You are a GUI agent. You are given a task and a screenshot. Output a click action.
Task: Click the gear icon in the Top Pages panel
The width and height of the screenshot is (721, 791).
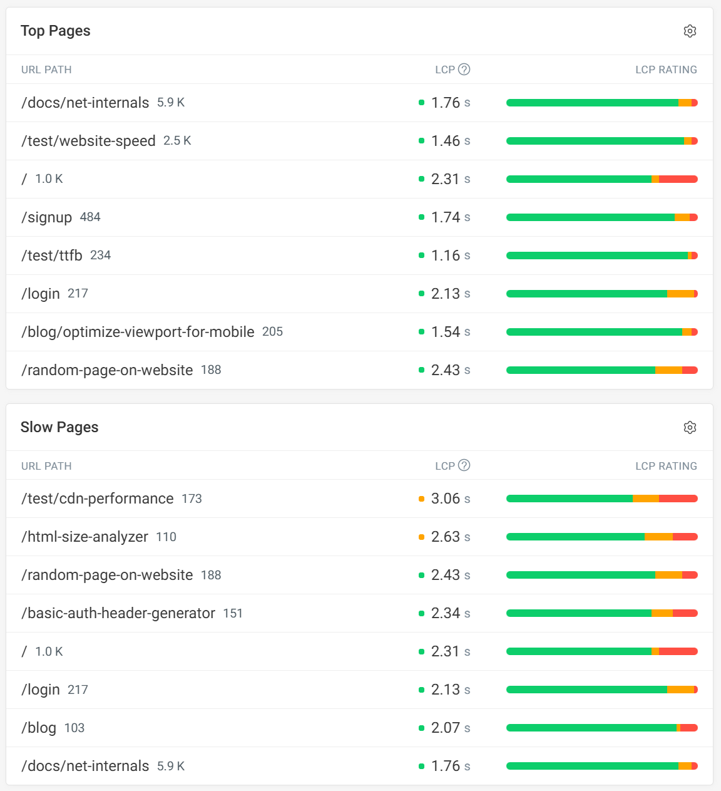tap(690, 31)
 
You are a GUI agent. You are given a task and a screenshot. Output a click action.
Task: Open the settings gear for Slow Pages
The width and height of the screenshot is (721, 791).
tap(690, 428)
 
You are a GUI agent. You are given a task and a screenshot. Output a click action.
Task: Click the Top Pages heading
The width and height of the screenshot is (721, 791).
tap(56, 31)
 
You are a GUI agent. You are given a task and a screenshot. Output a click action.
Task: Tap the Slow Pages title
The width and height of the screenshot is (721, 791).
tap(59, 428)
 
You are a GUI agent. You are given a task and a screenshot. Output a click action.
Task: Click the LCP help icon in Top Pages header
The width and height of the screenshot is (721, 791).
tap(464, 70)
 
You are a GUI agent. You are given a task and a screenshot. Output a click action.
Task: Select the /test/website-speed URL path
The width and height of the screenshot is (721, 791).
tap(88, 141)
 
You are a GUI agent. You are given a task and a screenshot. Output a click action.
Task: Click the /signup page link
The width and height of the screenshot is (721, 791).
tap(47, 217)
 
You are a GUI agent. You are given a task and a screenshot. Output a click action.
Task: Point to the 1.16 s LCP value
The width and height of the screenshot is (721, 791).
tap(450, 256)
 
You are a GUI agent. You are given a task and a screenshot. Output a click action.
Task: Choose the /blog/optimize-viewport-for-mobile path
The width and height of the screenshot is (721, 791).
tap(138, 332)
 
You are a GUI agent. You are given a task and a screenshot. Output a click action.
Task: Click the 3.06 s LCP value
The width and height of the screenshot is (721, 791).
tap(450, 499)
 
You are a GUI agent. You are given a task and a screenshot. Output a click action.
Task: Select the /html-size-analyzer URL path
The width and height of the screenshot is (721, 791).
tap(84, 537)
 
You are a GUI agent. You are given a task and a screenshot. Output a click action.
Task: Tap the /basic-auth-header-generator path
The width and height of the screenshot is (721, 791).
tap(118, 613)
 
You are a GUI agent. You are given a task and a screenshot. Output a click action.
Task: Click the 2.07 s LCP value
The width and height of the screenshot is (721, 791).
tap(450, 728)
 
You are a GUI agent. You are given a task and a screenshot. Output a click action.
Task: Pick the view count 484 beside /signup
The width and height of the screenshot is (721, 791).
tap(90, 217)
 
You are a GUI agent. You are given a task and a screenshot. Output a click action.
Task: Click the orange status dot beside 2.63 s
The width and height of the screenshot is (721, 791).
tap(421, 537)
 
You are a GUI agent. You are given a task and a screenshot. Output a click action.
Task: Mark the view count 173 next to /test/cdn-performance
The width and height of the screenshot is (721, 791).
tap(192, 499)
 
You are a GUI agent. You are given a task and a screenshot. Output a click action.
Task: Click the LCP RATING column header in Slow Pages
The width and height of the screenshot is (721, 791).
tap(666, 466)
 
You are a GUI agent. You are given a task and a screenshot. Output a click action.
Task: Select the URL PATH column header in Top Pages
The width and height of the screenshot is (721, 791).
tap(46, 70)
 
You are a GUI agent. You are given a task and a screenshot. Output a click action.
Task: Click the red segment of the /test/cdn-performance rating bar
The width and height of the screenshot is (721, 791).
tap(678, 499)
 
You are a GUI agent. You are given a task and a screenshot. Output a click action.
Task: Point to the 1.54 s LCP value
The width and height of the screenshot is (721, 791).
tap(450, 332)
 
